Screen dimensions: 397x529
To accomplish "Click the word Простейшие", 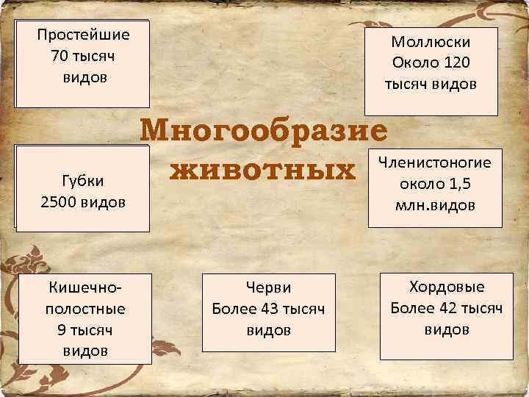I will click(x=83, y=35).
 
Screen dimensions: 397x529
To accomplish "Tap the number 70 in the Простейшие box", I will click(x=60, y=56).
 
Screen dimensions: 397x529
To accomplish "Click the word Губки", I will click(x=83, y=180).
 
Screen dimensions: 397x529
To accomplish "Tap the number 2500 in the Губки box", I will click(x=62, y=201).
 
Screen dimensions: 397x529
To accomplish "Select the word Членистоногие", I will click(x=434, y=162).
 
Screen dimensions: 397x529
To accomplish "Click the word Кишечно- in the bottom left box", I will click(x=84, y=287).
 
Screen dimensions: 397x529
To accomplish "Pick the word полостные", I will click(x=84, y=308).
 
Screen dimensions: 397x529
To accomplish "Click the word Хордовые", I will click(x=442, y=287).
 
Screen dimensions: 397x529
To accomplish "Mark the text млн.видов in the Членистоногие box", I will click(x=436, y=205).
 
